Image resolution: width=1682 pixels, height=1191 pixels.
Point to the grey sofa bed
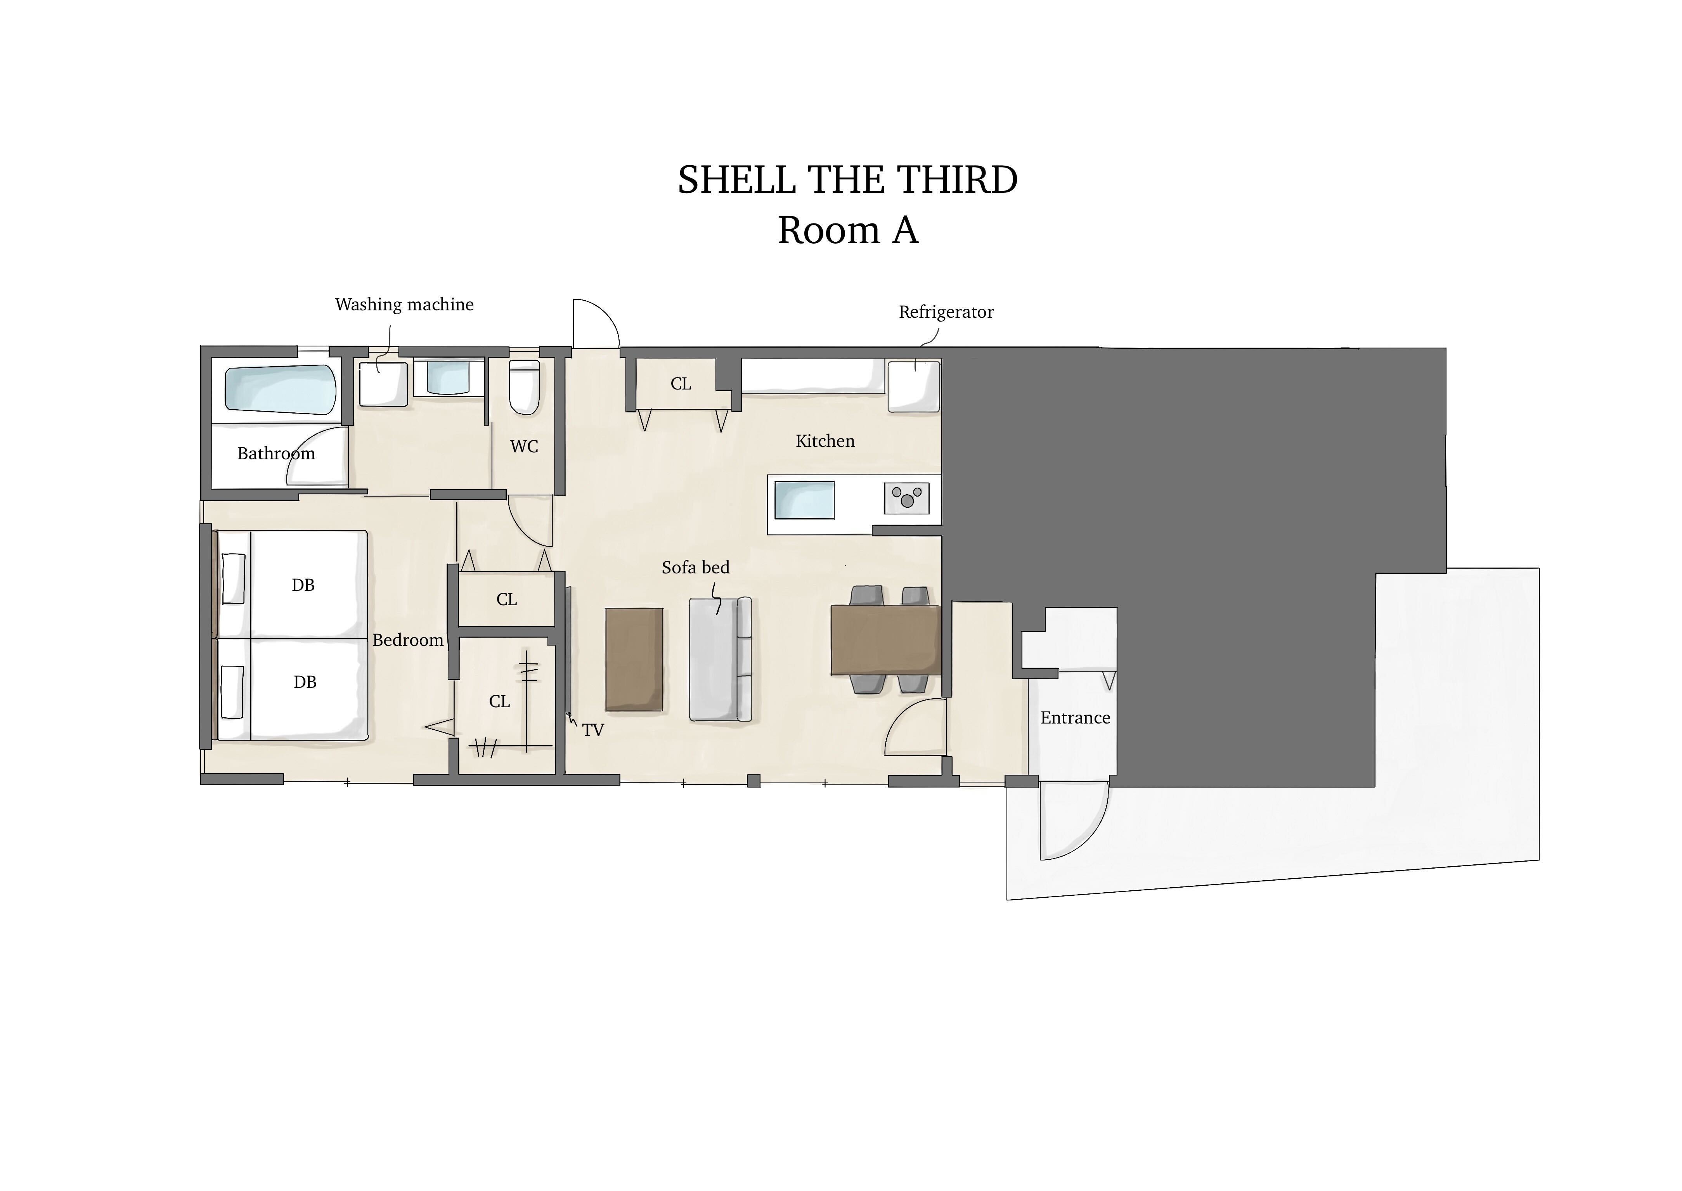[721, 659]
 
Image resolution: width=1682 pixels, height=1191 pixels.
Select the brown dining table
[885, 639]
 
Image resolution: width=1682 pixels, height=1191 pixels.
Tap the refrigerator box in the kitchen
[914, 386]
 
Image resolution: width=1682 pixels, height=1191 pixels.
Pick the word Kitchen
[825, 441]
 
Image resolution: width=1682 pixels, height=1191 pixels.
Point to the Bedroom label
[408, 640]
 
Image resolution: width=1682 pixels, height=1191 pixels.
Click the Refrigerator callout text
[946, 312]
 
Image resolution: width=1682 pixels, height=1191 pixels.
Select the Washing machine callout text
[404, 305]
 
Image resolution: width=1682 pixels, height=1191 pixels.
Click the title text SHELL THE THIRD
[847, 180]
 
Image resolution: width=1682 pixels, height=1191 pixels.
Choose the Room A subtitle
[848, 230]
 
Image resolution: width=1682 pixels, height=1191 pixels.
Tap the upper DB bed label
[303, 585]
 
